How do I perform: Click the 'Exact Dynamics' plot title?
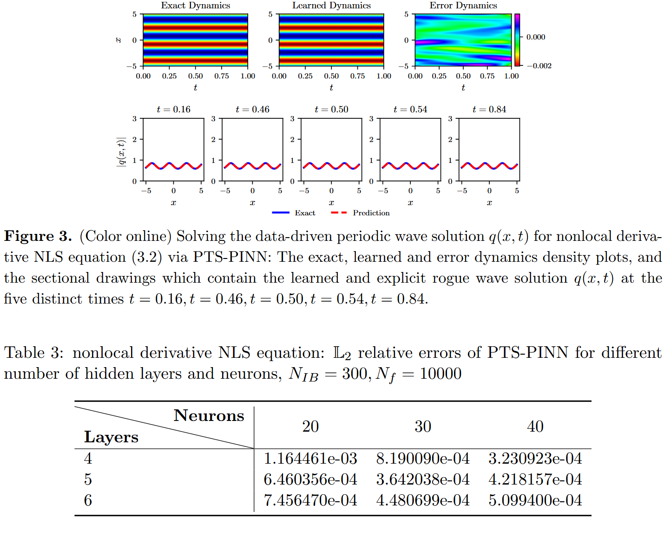pos(195,6)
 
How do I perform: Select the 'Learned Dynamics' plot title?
pos(331,6)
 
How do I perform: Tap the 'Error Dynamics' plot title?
pos(463,6)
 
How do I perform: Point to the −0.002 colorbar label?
pos(539,66)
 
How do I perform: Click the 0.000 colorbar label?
pos(536,37)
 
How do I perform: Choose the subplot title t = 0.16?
pos(173,110)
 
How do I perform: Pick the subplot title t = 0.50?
pos(331,110)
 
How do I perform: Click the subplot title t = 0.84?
pos(489,110)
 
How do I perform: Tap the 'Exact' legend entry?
pos(305,213)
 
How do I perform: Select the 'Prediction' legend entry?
pos(371,213)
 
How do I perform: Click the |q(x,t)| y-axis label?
pos(121,151)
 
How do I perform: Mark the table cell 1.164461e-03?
pos(310,459)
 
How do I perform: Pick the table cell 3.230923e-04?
pos(535,459)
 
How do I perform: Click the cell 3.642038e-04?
pos(423,479)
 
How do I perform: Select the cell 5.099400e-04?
pos(535,500)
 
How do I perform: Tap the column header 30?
pos(423,427)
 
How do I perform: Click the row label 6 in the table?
pos(88,500)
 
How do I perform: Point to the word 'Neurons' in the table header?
pos(209,416)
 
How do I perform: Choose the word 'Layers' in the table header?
pos(111,437)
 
